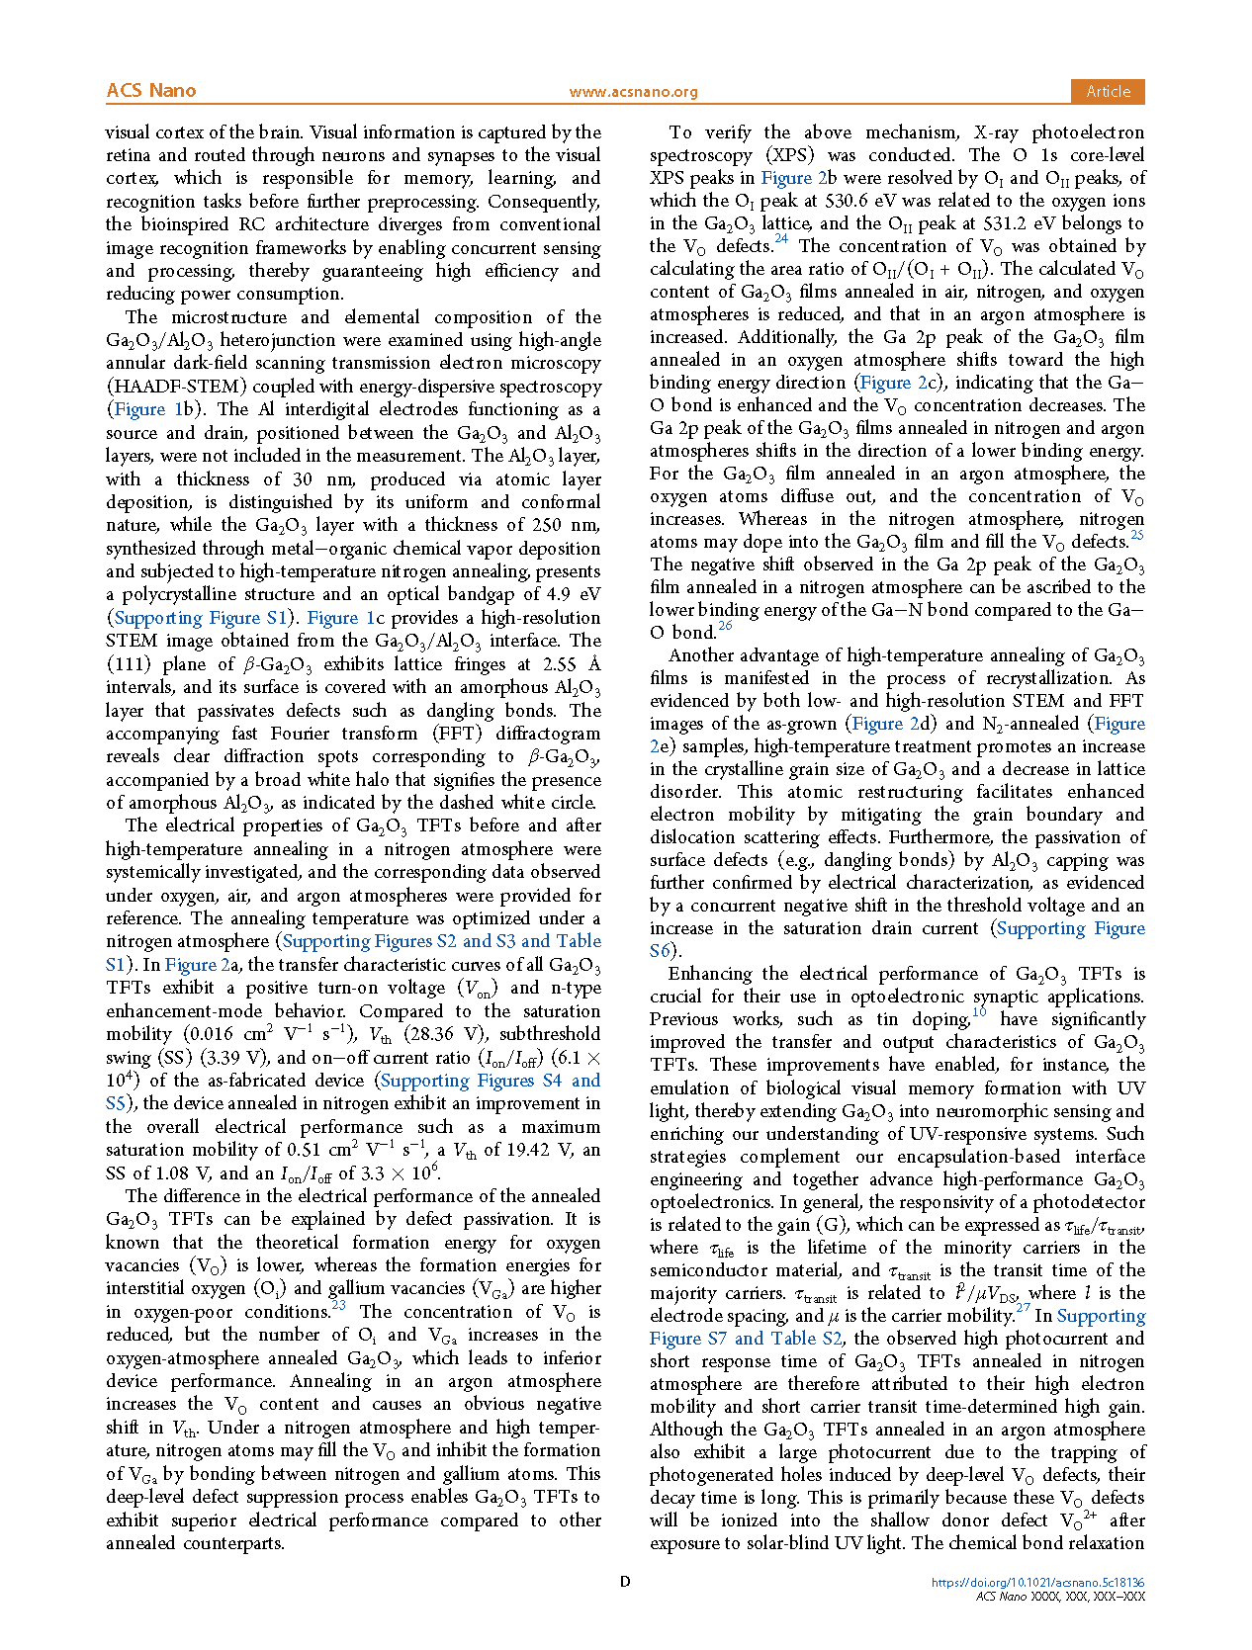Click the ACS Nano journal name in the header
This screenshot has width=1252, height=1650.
coord(151,91)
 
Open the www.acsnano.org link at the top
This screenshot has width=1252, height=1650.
coord(633,92)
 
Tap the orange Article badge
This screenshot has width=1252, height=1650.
coord(1108,91)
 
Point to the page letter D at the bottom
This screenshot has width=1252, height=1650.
coord(625,1582)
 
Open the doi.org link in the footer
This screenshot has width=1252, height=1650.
coord(1037,1583)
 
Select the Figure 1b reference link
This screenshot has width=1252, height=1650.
coord(154,409)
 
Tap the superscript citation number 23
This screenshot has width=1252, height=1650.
coord(338,1306)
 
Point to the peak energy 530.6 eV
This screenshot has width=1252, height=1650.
coord(843,201)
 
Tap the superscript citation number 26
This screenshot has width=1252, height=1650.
coord(725,627)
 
